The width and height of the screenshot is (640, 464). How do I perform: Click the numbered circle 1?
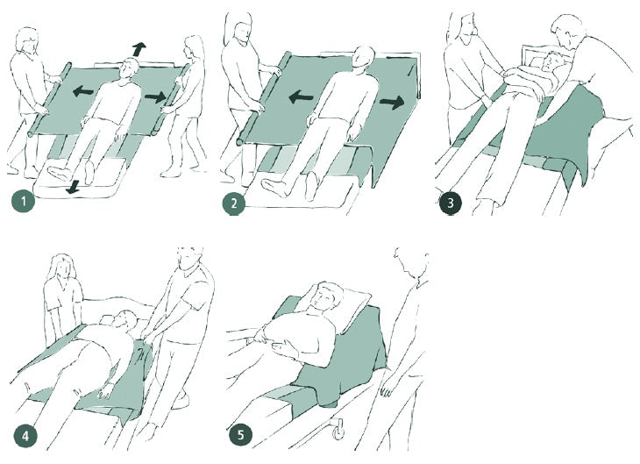24,202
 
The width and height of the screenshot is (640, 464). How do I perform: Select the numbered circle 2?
234,203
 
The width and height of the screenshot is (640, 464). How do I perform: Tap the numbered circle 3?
451,203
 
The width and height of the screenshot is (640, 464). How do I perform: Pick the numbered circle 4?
25,436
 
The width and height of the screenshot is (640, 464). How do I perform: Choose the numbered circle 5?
241,434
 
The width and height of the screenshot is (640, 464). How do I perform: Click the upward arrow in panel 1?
139,49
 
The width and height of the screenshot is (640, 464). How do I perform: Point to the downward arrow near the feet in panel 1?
74,188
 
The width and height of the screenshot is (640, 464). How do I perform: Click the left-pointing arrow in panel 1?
83,91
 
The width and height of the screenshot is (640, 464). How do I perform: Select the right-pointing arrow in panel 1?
155,97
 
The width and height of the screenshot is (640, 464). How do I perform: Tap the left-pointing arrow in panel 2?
301,97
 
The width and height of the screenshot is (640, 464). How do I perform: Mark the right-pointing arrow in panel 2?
392,102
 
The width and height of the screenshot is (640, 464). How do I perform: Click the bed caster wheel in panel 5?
338,432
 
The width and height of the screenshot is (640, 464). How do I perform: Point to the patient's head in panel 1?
131,69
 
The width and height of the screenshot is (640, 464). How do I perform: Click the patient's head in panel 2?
363,58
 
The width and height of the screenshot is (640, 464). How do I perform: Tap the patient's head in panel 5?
325,297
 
